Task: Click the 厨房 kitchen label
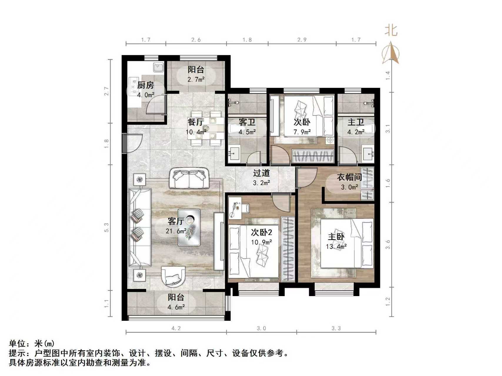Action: coord(146,85)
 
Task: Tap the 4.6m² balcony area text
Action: coord(176,307)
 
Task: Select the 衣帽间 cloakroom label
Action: coord(349,177)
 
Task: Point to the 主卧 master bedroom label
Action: coord(336,237)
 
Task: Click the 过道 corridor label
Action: coord(261,173)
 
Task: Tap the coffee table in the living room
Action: coord(189,227)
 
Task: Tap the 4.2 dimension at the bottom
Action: coord(176,328)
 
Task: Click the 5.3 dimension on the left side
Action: coord(106,228)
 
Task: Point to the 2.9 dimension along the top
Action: coord(302,40)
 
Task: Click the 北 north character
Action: coord(391,30)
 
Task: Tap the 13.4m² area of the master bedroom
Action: coord(336,247)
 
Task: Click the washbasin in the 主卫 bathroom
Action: coord(368,154)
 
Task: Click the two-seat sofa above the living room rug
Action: coord(189,179)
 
